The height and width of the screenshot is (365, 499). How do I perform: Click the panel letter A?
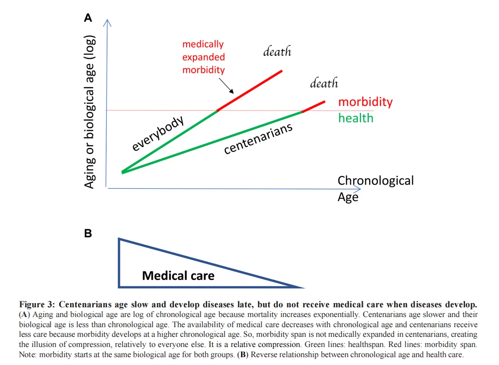88,18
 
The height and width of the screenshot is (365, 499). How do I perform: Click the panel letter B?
88,233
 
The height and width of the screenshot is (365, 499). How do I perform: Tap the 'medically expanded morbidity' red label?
204,57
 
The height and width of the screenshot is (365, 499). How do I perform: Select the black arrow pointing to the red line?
226,85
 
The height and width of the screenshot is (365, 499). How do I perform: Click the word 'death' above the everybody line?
277,52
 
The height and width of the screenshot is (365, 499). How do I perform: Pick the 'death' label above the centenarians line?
324,84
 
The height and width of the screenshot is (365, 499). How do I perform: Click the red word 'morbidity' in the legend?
365,102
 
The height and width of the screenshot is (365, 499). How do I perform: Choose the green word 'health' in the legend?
355,118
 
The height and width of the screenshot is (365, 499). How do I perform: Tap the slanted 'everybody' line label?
158,134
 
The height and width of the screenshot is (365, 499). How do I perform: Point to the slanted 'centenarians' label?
259,139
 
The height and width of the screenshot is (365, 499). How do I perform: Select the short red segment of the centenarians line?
313,106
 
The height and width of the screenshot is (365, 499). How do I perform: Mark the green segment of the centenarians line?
212,142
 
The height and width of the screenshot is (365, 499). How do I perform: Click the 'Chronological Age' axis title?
375,188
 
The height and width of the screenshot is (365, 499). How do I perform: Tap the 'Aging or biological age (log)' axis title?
90,111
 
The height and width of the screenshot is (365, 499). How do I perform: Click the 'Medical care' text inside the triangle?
178,276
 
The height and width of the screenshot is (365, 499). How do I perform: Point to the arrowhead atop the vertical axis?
107,23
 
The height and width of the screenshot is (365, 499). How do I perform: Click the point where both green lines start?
122,172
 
